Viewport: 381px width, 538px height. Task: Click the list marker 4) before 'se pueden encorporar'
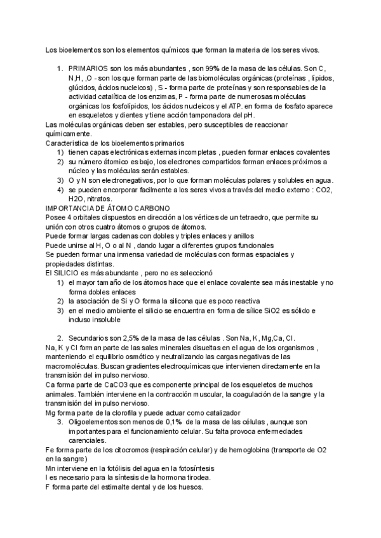tap(60, 190)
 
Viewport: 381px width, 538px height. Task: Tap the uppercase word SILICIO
tap(71, 273)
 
